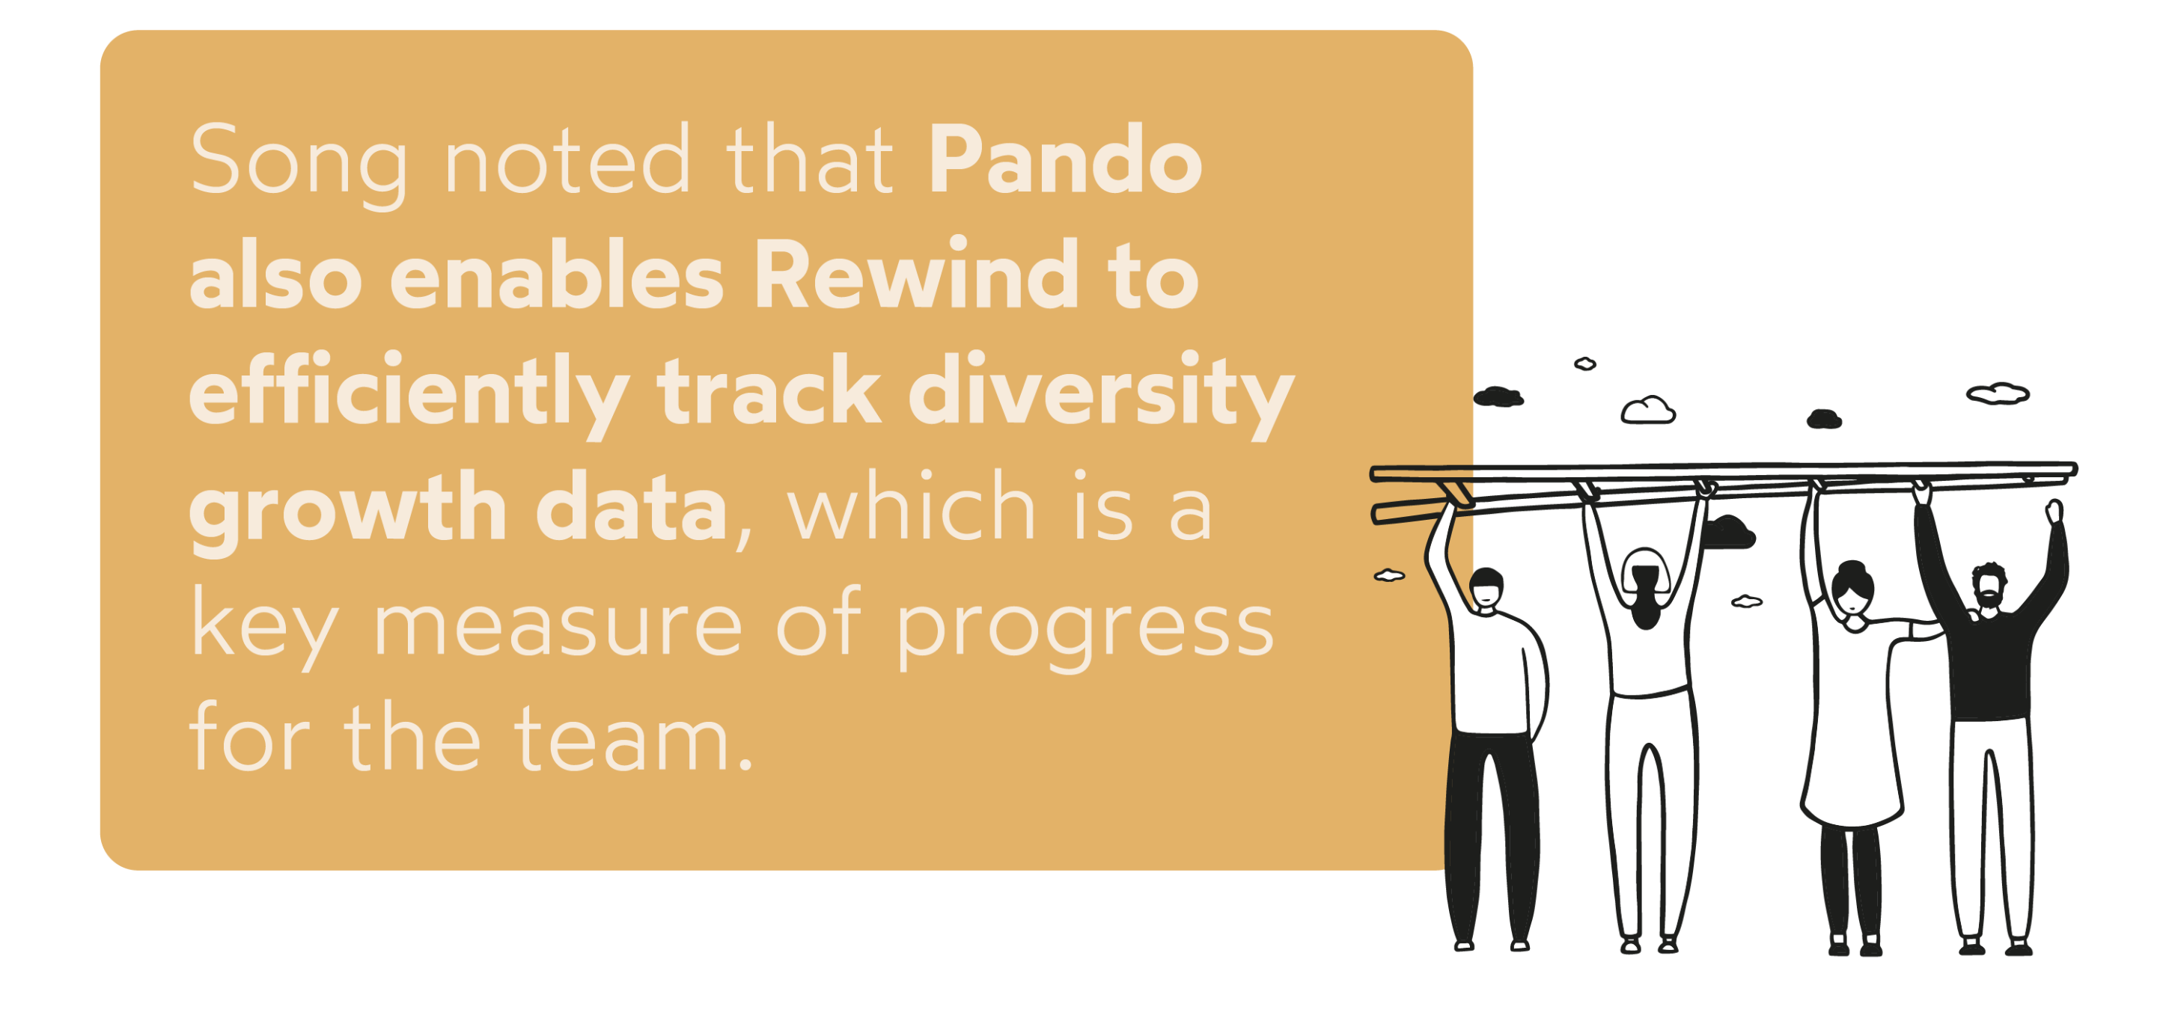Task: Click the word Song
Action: click(299, 162)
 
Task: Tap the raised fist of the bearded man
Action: click(2054, 510)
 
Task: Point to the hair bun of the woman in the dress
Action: click(1853, 569)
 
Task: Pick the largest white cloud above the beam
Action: click(1647, 410)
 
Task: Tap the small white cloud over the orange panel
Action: click(1389, 576)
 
